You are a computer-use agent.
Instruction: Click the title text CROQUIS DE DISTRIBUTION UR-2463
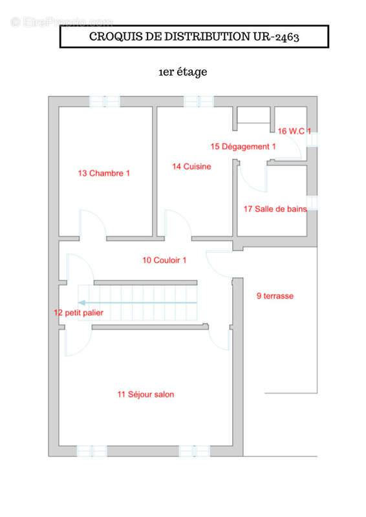194,37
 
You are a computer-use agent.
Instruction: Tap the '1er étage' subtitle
183,72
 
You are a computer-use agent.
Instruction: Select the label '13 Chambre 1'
103,173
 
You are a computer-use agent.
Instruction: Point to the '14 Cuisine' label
191,167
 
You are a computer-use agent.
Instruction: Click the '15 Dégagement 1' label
243,147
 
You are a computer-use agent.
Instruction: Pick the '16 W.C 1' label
294,131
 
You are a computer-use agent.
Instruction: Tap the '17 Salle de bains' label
275,209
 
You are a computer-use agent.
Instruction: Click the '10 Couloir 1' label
164,260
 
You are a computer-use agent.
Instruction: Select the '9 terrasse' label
275,296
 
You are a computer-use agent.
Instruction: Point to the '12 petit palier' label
78,313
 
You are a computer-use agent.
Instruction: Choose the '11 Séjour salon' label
145,394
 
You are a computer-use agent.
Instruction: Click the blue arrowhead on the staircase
81,302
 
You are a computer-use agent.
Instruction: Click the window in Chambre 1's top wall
105,101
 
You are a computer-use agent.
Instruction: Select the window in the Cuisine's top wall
199,101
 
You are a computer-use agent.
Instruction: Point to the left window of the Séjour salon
92,451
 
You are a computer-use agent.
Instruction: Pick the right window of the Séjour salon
195,451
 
